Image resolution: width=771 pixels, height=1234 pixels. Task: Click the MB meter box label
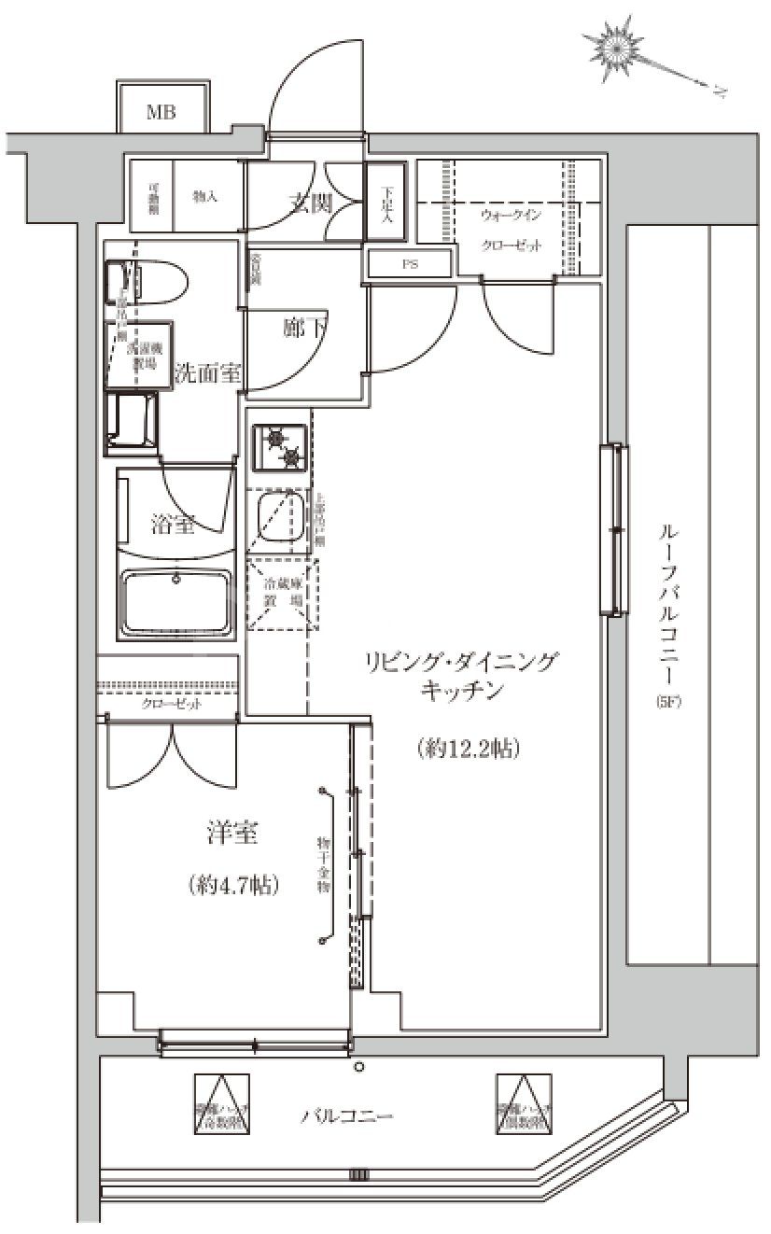(x=160, y=113)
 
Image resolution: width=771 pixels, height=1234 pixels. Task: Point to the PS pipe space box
(x=409, y=264)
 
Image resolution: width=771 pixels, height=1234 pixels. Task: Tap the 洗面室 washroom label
(x=208, y=373)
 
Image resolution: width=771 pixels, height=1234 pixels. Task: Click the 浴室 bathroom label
(x=173, y=524)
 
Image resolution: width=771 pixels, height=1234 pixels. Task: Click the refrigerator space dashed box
(x=282, y=595)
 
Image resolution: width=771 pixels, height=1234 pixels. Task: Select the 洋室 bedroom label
(x=233, y=834)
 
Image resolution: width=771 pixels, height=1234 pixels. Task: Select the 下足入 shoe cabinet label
(x=387, y=204)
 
